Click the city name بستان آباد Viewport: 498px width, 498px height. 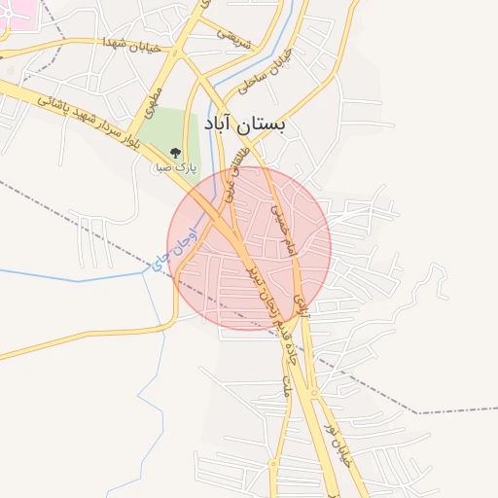coord(247,125)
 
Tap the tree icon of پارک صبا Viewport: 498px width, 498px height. coord(175,153)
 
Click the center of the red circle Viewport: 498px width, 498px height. coord(249,248)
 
